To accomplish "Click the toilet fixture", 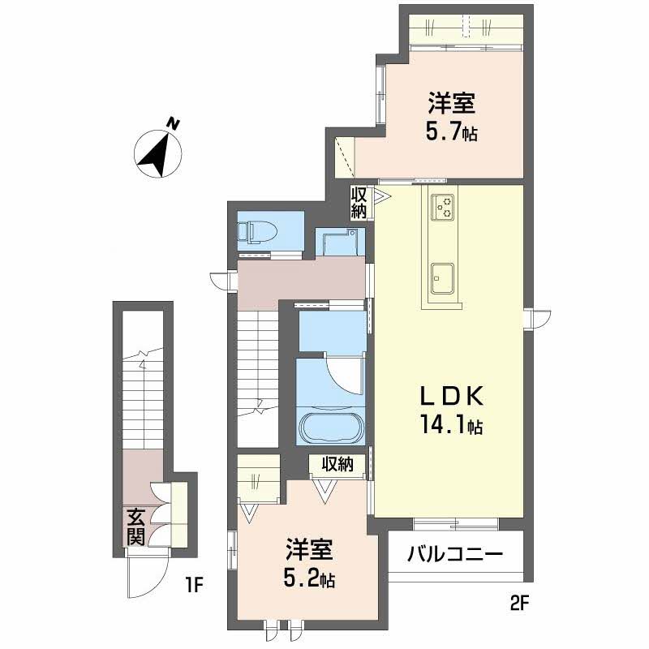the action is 257,232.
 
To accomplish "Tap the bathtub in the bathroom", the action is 332,428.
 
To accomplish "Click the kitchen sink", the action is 442,278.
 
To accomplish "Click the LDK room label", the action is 452,397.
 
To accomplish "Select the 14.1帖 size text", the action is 452,424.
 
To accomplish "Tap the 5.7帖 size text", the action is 451,132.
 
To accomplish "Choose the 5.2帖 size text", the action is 309,578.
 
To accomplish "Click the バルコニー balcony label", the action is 455,553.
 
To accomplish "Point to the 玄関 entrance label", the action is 136,527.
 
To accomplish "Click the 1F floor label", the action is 193,586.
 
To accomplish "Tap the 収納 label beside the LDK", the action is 359,203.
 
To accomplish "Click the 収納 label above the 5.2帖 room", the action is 337,464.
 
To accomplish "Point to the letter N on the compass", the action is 173,123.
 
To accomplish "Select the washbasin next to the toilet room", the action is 339,242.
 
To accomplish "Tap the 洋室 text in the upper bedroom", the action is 452,103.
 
